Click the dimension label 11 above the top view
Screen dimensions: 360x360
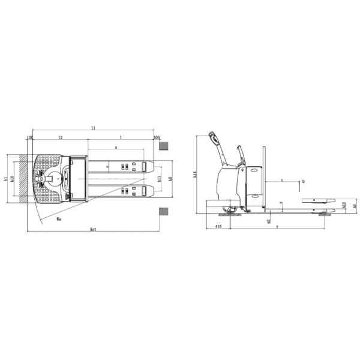point(94,128)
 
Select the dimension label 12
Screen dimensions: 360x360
point(61,137)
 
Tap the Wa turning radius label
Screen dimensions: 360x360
point(58,220)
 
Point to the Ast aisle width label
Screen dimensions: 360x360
point(93,230)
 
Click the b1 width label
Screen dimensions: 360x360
point(5,178)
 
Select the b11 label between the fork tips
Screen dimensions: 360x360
point(159,178)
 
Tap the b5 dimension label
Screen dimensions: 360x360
point(170,179)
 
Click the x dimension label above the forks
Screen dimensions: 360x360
point(116,146)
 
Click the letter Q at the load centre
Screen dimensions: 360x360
point(303,180)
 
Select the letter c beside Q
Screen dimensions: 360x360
point(283,179)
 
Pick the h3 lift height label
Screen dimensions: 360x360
point(354,206)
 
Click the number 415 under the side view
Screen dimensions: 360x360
point(218,227)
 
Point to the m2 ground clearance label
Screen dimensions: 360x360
point(267,220)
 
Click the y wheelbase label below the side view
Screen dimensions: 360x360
point(277,227)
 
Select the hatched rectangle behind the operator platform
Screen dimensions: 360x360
point(23,178)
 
